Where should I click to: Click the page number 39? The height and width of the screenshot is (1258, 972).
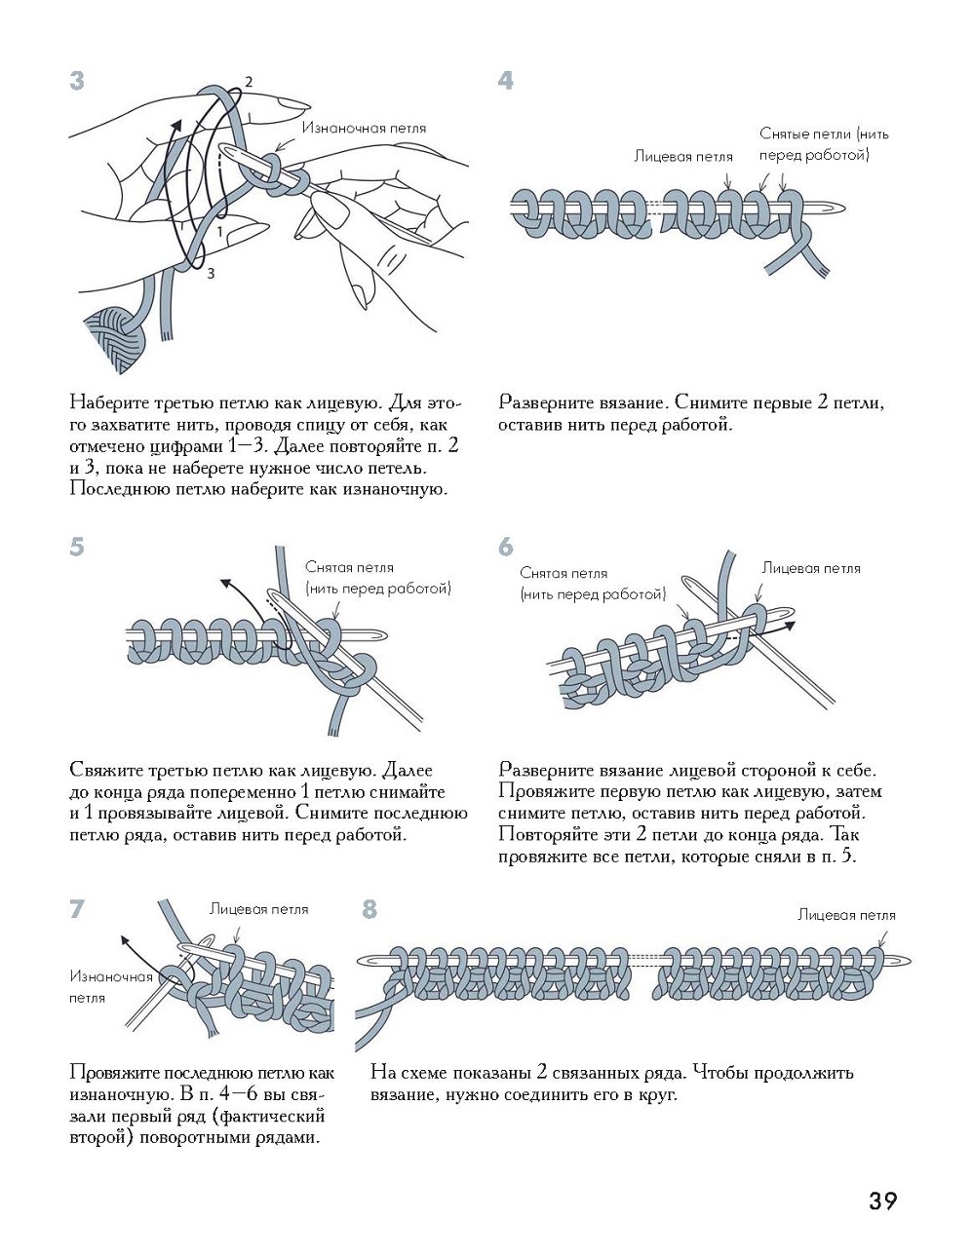(882, 1201)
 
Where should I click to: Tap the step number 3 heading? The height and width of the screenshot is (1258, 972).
(77, 81)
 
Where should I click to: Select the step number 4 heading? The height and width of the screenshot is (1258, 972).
(505, 81)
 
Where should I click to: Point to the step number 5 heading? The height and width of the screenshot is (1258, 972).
(77, 548)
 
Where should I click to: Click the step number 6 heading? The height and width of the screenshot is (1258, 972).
(505, 548)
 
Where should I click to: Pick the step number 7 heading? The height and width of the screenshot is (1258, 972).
(77, 910)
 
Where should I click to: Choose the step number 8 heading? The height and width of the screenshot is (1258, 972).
(369, 910)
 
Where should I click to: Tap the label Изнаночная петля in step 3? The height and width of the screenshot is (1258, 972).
(364, 128)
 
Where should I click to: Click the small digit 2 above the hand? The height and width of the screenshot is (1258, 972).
(249, 82)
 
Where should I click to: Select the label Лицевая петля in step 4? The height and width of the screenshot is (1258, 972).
(682, 156)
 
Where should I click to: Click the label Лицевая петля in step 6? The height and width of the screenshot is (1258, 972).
(811, 567)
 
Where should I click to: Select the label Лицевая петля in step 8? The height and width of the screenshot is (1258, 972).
(846, 914)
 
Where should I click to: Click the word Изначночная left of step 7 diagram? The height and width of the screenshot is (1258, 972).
(111, 976)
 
